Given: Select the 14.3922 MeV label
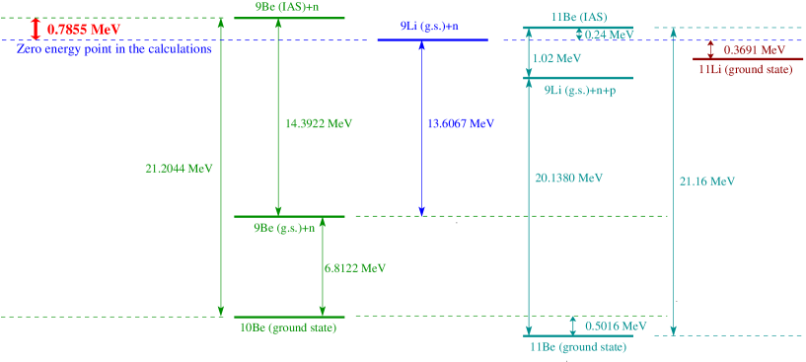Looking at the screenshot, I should coord(319,124).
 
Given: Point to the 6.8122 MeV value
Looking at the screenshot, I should coord(355,267).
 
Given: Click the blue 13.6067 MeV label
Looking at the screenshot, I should coord(461,124).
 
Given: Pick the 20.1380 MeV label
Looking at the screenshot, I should coord(569,179).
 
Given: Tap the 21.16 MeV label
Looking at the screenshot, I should coord(708,181).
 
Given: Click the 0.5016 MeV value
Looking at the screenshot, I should coord(616,326).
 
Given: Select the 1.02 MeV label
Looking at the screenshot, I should coord(556,59).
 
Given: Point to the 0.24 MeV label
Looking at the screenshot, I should coord(609,35).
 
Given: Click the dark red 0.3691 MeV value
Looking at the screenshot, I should coord(755,49).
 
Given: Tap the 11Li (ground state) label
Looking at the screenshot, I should coord(745,70).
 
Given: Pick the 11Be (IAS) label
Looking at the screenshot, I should coord(579,18).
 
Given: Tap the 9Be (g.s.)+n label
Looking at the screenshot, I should coord(284,228).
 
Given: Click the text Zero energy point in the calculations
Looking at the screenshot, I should coord(114,48).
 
